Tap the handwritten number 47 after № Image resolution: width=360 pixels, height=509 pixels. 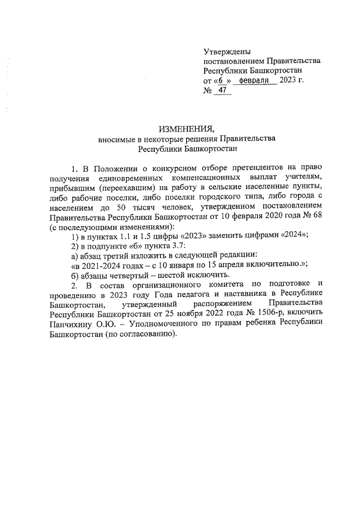223,91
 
